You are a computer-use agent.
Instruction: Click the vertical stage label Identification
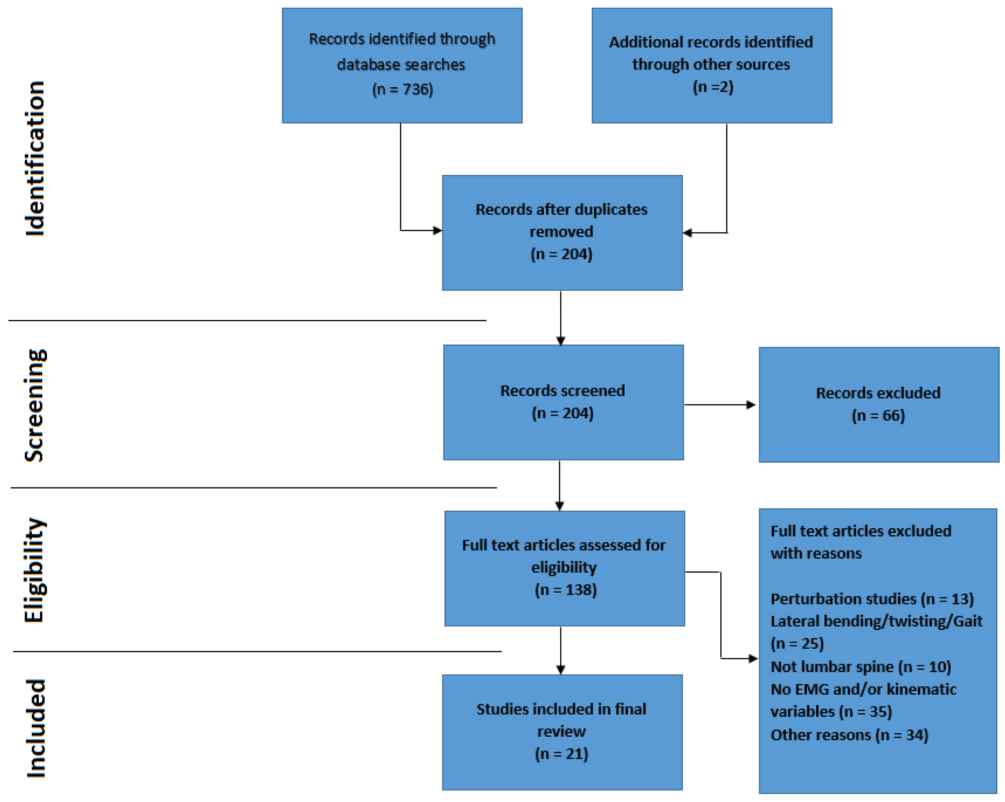pyautogui.click(x=35, y=159)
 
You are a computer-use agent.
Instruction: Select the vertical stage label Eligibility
pyautogui.click(x=35, y=570)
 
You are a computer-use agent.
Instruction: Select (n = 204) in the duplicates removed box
pyautogui.click(x=561, y=254)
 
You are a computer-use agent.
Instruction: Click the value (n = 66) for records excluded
pyautogui.click(x=878, y=415)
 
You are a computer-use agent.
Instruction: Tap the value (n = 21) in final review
pyautogui.click(x=561, y=754)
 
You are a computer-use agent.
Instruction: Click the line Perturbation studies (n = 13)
pyautogui.click(x=872, y=599)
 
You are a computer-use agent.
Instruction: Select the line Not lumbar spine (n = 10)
pyautogui.click(x=860, y=667)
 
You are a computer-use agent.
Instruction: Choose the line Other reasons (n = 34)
pyautogui.click(x=849, y=735)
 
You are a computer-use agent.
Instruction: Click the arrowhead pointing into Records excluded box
pyautogui.click(x=751, y=405)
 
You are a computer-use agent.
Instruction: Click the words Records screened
pyautogui.click(x=563, y=391)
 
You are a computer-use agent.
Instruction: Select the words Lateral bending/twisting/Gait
pyautogui.click(x=876, y=621)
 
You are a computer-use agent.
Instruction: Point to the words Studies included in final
pyautogui.click(x=561, y=709)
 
